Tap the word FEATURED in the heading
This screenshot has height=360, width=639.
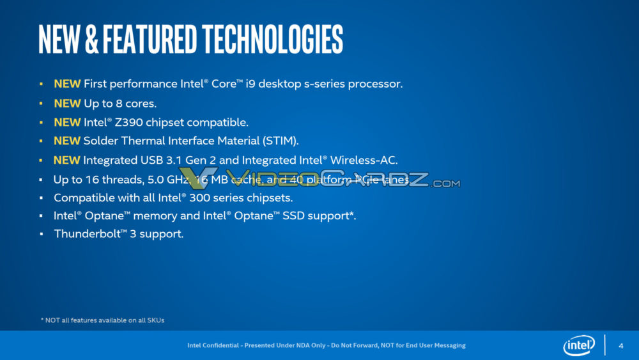click(149, 40)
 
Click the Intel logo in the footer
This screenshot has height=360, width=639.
click(578, 346)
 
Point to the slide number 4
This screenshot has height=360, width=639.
click(620, 346)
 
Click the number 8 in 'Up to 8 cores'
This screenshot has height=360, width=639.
click(121, 103)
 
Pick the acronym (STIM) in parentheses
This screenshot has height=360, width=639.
click(279, 141)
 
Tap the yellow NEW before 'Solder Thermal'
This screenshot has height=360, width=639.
click(67, 141)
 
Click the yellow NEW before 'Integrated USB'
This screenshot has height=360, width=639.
click(67, 160)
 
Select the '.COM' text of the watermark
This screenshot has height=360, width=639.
click(445, 184)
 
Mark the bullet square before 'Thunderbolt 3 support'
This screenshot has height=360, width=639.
click(41, 234)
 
